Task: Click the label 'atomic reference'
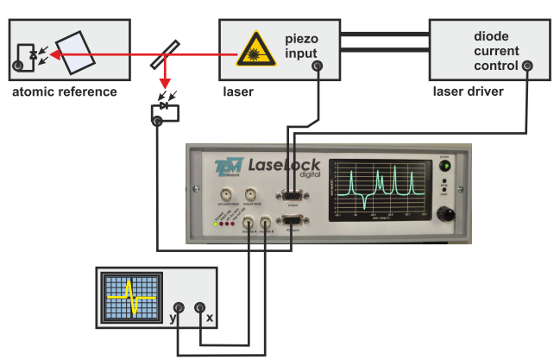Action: coord(63,92)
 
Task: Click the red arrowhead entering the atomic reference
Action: coord(56,54)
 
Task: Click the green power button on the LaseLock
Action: coord(445,166)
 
